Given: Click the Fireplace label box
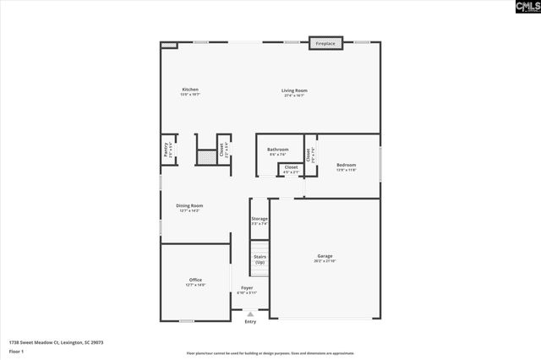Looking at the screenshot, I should pyautogui.click(x=325, y=42).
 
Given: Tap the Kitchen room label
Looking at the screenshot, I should pyautogui.click(x=190, y=90).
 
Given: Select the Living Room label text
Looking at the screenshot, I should pyautogui.click(x=294, y=90).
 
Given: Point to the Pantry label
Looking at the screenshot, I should pyautogui.click(x=166, y=150).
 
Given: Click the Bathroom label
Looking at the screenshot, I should pyautogui.click(x=278, y=150).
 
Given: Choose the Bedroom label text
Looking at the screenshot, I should pyautogui.click(x=347, y=166).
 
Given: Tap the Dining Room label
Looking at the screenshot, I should pyautogui.click(x=189, y=206).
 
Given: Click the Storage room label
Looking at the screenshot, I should pyautogui.click(x=260, y=220).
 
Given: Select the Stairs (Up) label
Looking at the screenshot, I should pyautogui.click(x=260, y=259).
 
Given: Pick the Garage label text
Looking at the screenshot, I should pyautogui.click(x=325, y=256).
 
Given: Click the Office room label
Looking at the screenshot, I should pyautogui.click(x=195, y=281).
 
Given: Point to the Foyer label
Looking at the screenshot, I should pyautogui.click(x=247, y=289).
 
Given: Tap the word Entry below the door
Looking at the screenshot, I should pyautogui.click(x=250, y=322).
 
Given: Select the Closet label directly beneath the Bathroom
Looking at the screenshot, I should pyautogui.click(x=291, y=168).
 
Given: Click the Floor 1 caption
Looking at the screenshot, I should pyautogui.click(x=16, y=351).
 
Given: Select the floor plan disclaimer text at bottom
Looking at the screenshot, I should pyautogui.click(x=270, y=353).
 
